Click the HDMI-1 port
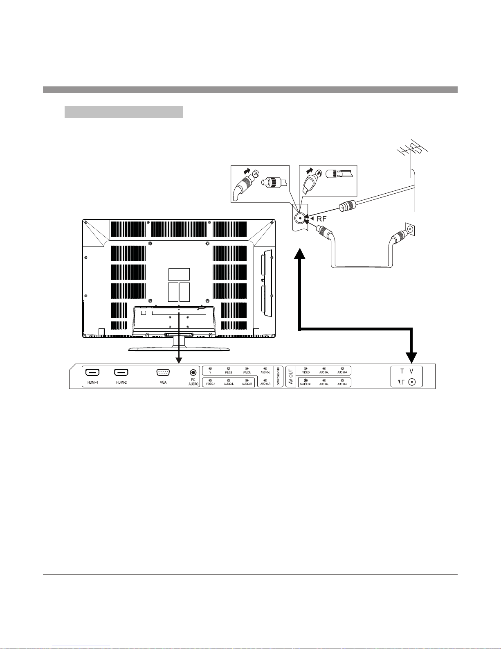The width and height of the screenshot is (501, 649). point(92,373)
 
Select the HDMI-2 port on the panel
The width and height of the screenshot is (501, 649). point(121,373)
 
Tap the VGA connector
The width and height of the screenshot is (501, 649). point(163,373)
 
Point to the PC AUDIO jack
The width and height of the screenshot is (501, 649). point(193,372)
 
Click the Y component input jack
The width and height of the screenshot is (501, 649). point(210,369)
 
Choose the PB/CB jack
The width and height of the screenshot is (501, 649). point(229,369)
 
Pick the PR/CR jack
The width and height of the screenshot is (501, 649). point(247,369)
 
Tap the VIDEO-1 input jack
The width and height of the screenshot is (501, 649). point(210,380)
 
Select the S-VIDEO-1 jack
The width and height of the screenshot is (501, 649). point(306,380)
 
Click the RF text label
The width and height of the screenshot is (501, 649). point(322,219)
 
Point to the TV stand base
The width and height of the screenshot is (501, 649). point(179,349)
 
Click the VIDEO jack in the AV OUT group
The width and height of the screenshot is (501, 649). point(306,369)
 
